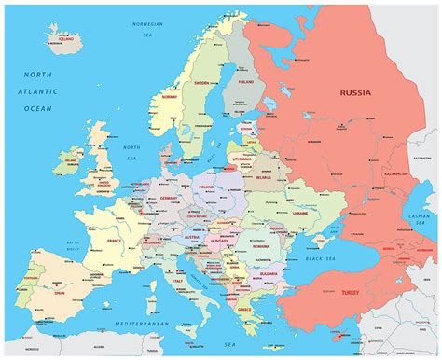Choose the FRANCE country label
click(113, 240)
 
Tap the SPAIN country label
click(59, 292)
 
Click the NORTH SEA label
click(131, 148)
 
